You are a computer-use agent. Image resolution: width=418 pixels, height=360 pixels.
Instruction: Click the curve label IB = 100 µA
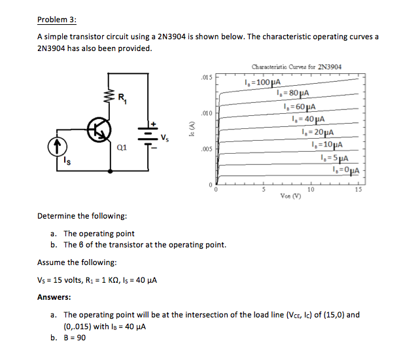click(262, 82)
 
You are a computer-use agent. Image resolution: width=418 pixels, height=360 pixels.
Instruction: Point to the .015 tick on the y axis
click(206, 78)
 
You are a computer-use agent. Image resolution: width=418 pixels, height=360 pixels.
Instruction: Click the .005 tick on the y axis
click(206, 149)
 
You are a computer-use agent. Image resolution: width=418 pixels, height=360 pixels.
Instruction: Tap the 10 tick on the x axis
click(311, 190)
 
